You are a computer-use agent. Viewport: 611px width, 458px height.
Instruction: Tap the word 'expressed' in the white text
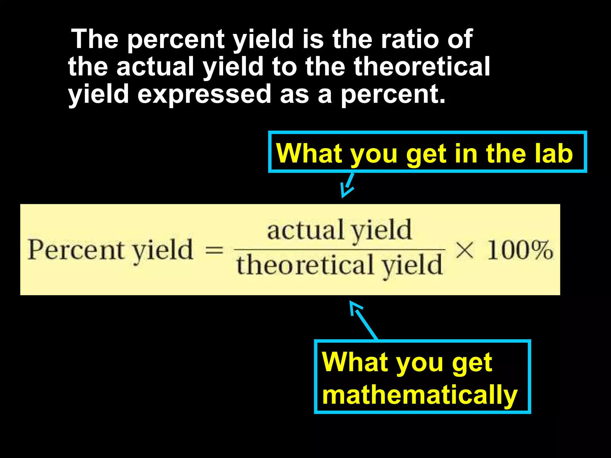pos(204,94)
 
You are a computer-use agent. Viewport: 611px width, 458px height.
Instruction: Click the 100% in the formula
pos(520,250)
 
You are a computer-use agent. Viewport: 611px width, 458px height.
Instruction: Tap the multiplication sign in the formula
pos(465,250)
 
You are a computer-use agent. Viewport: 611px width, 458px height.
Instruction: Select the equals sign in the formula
pos(215,250)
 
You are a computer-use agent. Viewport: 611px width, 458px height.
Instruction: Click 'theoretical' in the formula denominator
pos(305,265)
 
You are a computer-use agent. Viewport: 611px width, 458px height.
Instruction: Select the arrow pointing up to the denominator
pos(363,320)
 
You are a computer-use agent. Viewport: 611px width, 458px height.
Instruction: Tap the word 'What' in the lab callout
pos(309,153)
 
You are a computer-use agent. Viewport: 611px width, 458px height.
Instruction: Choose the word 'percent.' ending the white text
pos(393,94)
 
